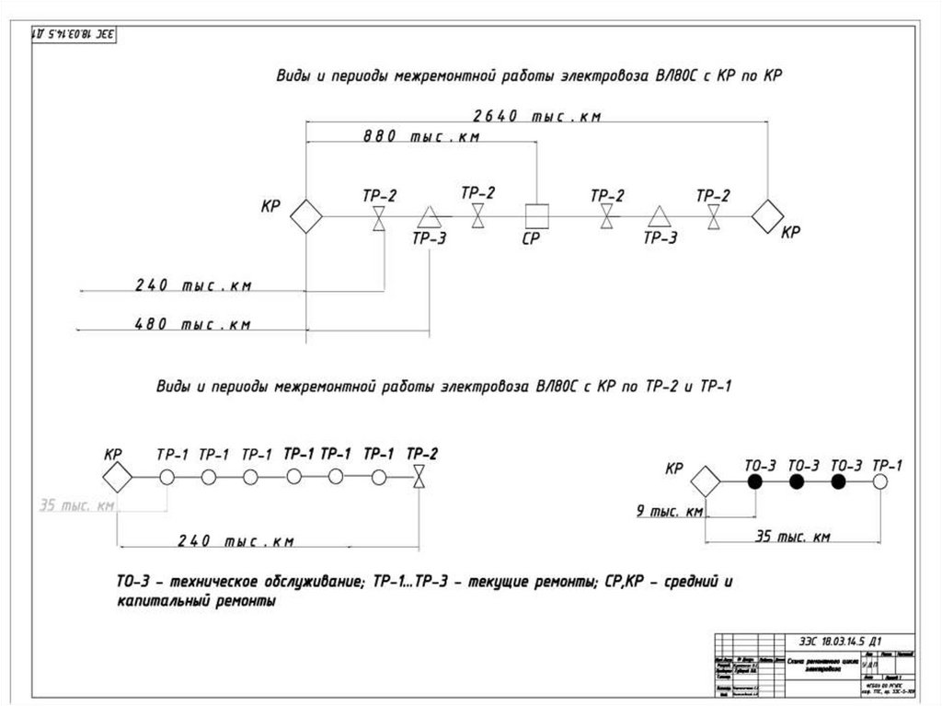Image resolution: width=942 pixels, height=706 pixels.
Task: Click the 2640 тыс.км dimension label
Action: point(537,117)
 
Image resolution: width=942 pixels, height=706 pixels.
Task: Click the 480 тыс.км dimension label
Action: point(193,324)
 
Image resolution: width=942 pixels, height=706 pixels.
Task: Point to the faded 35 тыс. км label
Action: point(76,505)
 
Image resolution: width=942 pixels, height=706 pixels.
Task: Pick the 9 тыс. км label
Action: point(670,511)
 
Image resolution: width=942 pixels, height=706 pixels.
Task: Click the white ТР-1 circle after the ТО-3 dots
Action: point(880,481)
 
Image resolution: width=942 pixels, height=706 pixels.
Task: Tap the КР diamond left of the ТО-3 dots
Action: point(706,481)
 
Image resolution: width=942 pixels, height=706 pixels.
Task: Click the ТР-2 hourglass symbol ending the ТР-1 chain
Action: point(420,477)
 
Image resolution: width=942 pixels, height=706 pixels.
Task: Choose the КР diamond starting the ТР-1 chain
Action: point(117,477)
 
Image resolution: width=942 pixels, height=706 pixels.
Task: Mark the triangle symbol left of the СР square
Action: point(429,217)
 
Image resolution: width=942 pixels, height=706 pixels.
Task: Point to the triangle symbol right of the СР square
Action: point(659,217)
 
